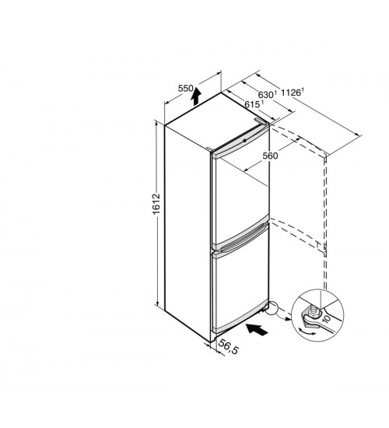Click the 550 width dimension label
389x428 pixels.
pyautogui.click(x=186, y=89)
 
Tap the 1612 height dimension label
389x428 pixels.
pyautogui.click(x=156, y=204)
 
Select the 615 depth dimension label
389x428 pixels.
pyautogui.click(x=252, y=104)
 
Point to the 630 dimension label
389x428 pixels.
pyautogui.click(x=266, y=95)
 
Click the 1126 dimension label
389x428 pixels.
pyautogui.click(x=291, y=93)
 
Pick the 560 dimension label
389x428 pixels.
pyautogui.click(x=270, y=156)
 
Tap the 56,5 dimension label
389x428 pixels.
pyautogui.click(x=229, y=347)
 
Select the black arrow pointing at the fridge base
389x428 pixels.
pyautogui.click(x=257, y=329)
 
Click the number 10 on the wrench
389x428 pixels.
pyautogui.click(x=327, y=318)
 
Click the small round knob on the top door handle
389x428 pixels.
pyautogui.click(x=244, y=141)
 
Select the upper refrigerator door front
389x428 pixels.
pyautogui.click(x=240, y=197)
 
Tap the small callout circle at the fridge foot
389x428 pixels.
pyautogui.click(x=272, y=309)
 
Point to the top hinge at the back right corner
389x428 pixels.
pyautogui.click(x=259, y=121)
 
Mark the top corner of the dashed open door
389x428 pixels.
pyautogui.click(x=326, y=156)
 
